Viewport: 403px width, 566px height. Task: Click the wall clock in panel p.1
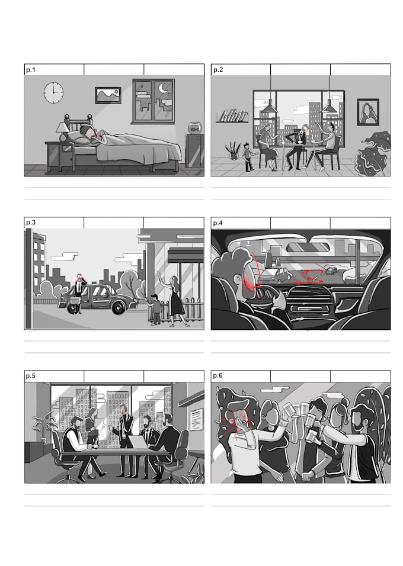pyautogui.click(x=53, y=92)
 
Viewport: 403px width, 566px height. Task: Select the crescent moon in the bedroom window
pyautogui.click(x=163, y=89)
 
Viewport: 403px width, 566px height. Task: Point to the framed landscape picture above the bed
pyautogui.click(x=108, y=95)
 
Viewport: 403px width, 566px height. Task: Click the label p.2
pyautogui.click(x=218, y=70)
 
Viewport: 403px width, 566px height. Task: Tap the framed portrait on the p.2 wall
pyautogui.click(x=367, y=112)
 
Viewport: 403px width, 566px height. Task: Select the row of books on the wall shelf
pyautogui.click(x=235, y=115)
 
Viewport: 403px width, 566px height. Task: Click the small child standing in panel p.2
pyautogui.click(x=248, y=157)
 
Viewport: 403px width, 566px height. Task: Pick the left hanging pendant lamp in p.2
pyautogui.click(x=269, y=108)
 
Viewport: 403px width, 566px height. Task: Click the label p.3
pyautogui.click(x=30, y=223)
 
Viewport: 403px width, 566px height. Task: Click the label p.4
pyautogui.click(x=218, y=223)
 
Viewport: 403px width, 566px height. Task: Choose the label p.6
pyautogui.click(x=218, y=376)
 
